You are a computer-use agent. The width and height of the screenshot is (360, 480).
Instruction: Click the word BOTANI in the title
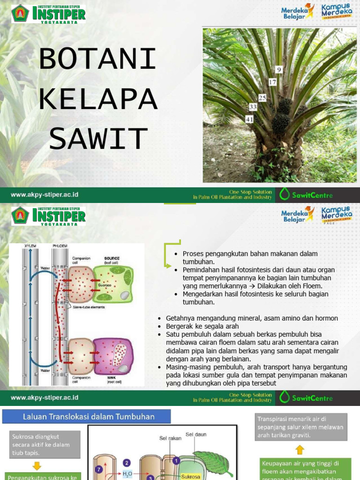(97, 60)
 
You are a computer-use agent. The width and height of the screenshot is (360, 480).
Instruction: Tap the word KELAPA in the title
(97, 99)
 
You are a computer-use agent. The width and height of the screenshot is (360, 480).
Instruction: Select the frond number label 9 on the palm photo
(279, 70)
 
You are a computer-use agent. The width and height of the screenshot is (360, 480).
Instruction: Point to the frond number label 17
(272, 82)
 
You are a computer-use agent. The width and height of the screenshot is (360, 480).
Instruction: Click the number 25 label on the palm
(262, 98)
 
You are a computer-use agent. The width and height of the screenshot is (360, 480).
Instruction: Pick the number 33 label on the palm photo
(253, 107)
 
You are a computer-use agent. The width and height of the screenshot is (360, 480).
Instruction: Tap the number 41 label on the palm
(250, 120)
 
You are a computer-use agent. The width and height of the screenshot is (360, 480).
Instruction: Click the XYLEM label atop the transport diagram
(30, 246)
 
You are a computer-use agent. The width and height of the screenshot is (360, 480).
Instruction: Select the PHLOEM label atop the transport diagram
(60, 246)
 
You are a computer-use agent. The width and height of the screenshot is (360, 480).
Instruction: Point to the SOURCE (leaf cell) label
(112, 260)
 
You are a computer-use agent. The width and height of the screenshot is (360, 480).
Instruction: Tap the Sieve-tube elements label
(88, 307)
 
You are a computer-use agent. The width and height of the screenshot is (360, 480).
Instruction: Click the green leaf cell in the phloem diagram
(112, 284)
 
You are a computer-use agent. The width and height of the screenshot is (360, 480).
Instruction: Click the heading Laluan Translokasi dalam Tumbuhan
(89, 416)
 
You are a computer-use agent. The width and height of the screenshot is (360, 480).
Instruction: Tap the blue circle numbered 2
(127, 462)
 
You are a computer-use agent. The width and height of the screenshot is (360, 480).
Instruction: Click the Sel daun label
(195, 435)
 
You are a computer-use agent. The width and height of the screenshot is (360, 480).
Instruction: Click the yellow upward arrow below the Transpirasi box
(300, 450)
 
